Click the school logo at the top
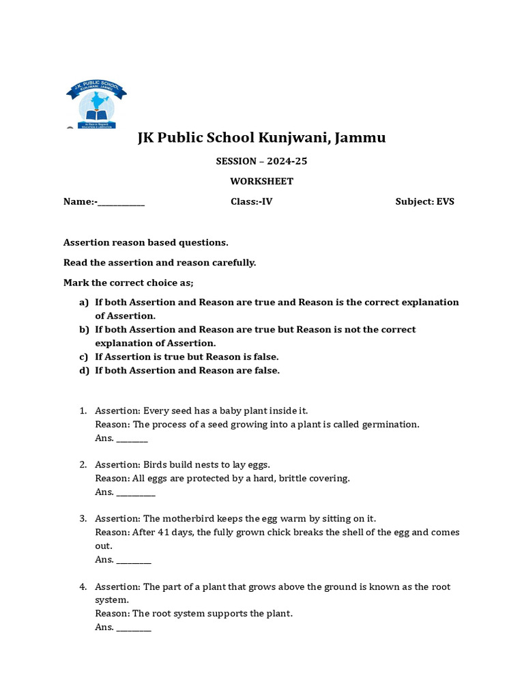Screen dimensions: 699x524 click(x=96, y=104)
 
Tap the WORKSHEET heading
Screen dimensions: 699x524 click(x=261, y=182)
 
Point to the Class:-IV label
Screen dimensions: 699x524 click(x=252, y=202)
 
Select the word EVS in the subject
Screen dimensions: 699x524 click(x=446, y=202)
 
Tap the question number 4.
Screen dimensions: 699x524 click(x=83, y=587)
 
